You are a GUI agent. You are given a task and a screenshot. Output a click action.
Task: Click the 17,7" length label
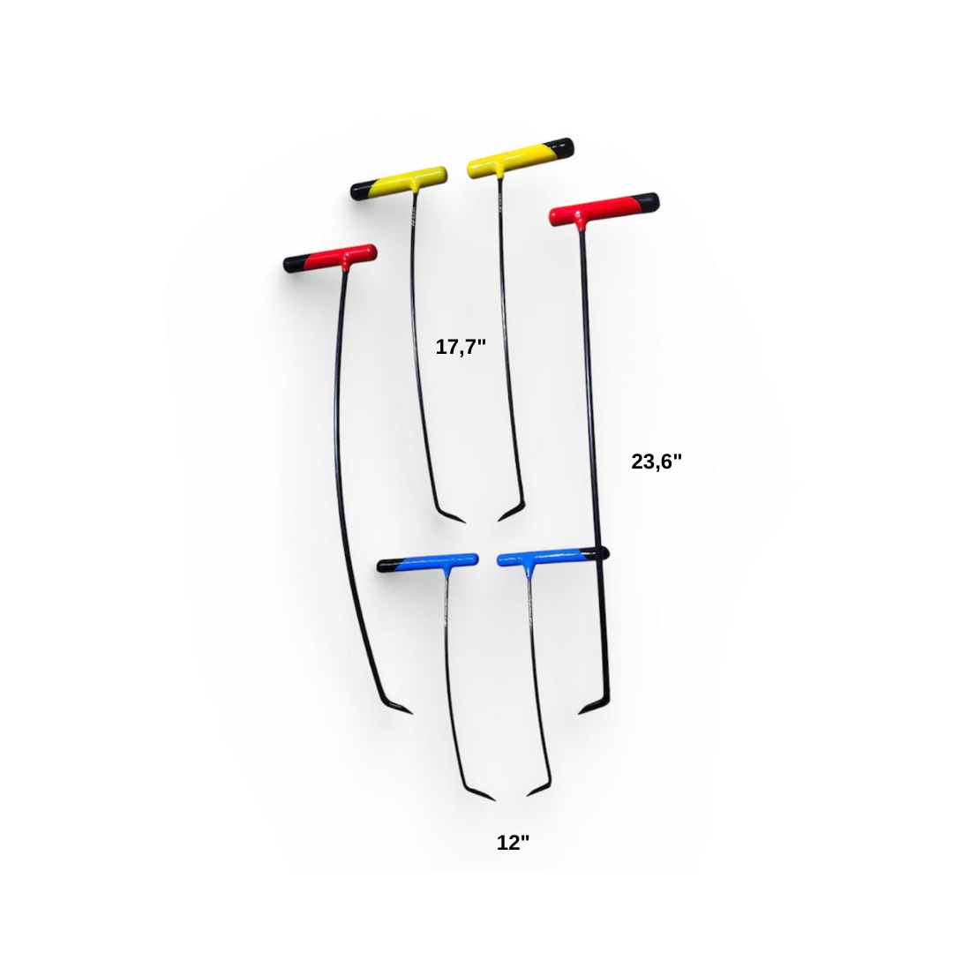[461, 347]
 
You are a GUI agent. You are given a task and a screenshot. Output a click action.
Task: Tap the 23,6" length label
[657, 461]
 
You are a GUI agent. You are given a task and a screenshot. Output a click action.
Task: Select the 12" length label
[513, 843]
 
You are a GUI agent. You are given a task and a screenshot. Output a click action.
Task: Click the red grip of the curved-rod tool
[341, 257]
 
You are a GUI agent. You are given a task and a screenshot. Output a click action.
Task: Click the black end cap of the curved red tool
[294, 264]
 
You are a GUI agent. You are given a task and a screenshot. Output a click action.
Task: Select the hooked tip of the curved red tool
[411, 713]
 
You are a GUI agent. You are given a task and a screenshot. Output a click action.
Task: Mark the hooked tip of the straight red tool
[580, 713]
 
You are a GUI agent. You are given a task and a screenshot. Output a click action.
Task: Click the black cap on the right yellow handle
[560, 146]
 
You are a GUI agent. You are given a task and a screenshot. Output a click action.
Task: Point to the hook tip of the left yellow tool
[464, 522]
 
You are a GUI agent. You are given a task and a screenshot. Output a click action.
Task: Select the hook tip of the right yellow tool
[499, 521]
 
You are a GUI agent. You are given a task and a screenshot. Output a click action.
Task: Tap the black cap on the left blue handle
[386, 567]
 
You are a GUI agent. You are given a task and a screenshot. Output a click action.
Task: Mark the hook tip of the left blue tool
[494, 799]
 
